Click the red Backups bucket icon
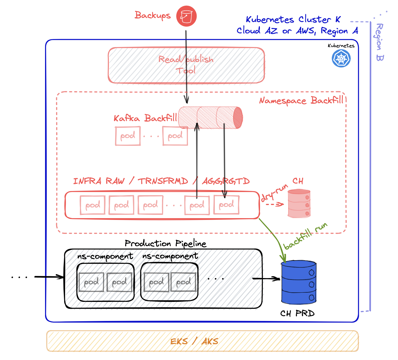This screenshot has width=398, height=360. point(186,16)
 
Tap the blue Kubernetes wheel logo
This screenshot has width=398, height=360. point(341,58)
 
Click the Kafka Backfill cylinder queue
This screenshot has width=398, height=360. point(210,118)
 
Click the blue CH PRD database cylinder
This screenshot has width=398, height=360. point(299,283)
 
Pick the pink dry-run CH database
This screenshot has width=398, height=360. point(299,204)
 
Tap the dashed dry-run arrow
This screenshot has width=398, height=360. point(274,204)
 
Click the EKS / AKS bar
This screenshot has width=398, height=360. point(202,341)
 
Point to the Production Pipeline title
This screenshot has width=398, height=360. point(165,243)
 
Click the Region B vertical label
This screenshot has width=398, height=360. point(380,42)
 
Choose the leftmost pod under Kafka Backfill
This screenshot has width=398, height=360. point(128,136)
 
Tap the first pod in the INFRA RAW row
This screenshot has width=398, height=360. point(92,205)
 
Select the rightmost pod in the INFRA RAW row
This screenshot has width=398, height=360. point(226,205)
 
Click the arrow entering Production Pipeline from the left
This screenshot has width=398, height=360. point(49,277)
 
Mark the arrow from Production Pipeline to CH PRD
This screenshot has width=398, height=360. point(266,279)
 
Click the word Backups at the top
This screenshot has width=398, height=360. point(152,15)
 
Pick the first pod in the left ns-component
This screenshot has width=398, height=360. point(91,282)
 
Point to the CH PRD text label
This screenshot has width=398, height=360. point(297,313)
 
